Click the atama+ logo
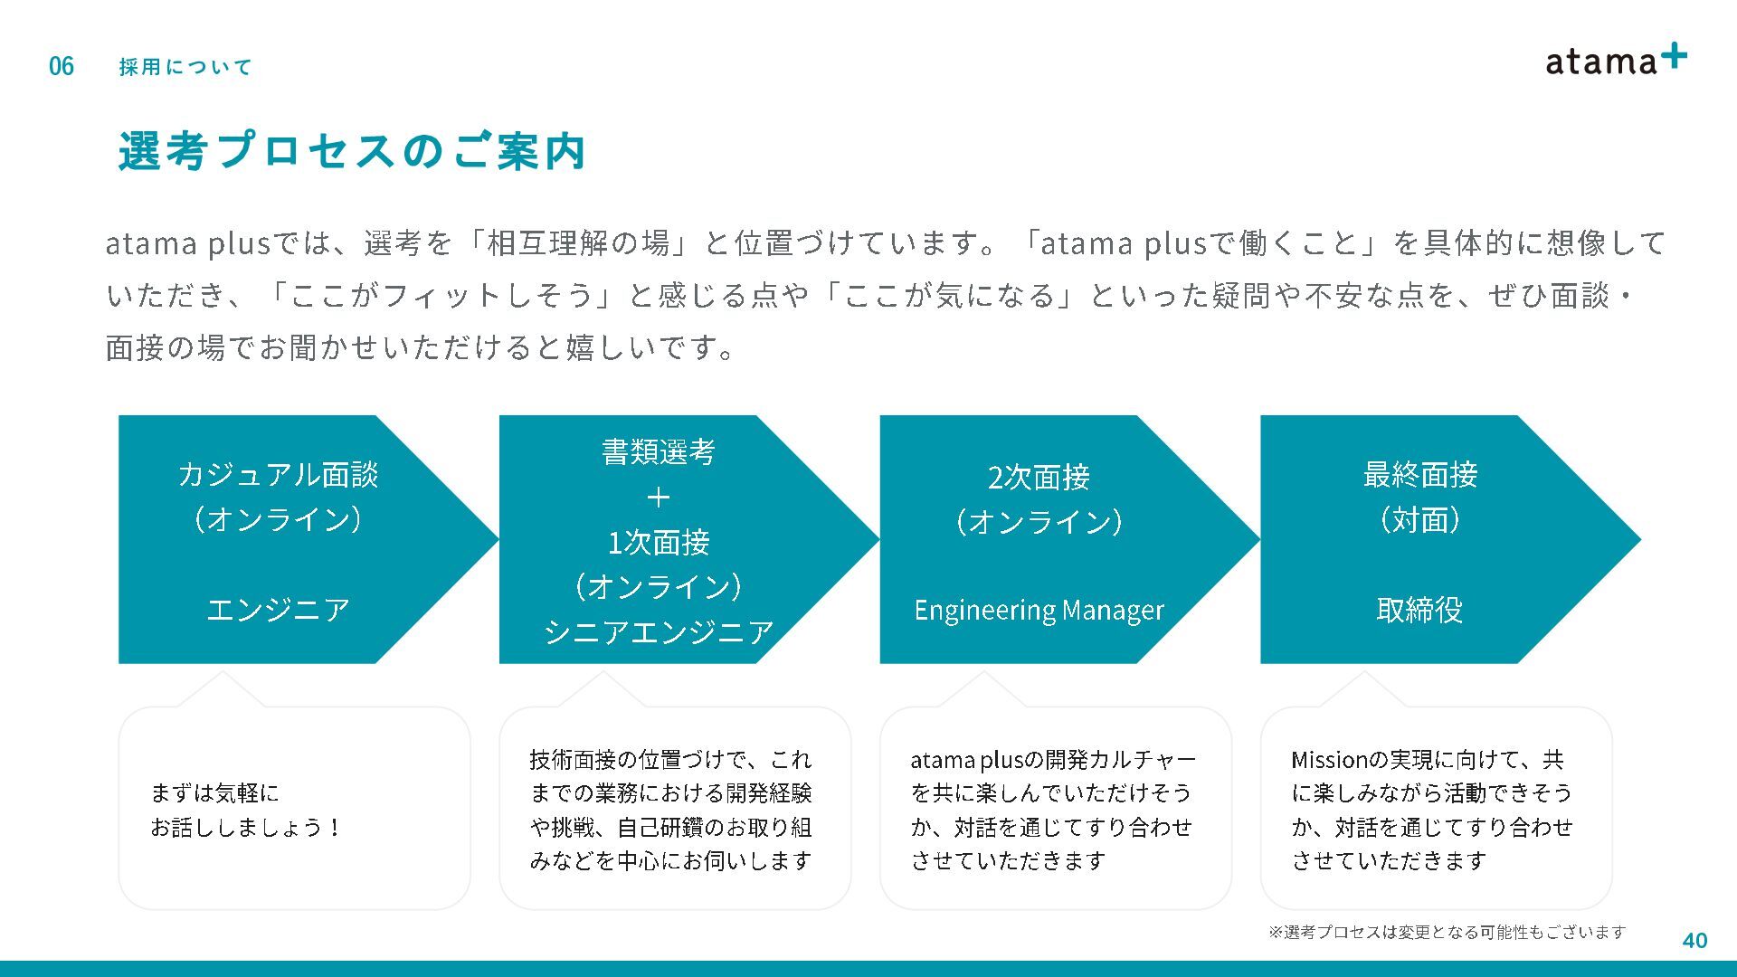[1615, 61]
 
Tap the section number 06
[62, 66]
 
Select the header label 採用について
[185, 67]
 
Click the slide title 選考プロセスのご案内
[352, 151]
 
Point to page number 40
[1694, 941]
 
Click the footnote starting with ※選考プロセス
[1447, 932]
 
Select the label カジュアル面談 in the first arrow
[278, 474]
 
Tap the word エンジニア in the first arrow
[278, 610]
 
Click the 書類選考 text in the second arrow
[658, 451]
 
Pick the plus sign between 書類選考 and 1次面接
[658, 497]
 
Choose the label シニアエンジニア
[658, 631]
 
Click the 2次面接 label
[1039, 477]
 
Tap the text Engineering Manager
[1039, 611]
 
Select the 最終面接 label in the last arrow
[1419, 474]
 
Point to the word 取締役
[1419, 610]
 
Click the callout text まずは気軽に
[214, 793]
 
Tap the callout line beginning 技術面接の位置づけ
[670, 759]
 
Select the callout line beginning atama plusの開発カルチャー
[1052, 759]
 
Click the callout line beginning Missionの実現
[1427, 759]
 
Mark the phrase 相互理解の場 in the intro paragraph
[578, 242]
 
